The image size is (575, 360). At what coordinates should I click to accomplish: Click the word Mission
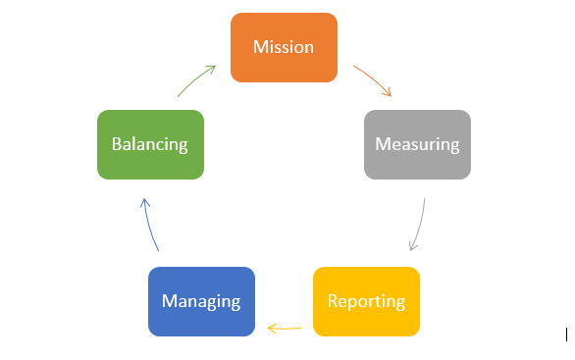pyautogui.click(x=284, y=47)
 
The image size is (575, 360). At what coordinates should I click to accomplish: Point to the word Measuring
pyautogui.click(x=417, y=144)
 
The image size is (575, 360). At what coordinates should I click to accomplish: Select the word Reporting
pyautogui.click(x=366, y=301)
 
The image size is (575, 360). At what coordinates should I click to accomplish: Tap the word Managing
pyautogui.click(x=201, y=301)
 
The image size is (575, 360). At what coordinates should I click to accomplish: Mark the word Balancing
pyautogui.click(x=150, y=144)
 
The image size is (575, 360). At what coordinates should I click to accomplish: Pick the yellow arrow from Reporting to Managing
pyautogui.click(x=285, y=329)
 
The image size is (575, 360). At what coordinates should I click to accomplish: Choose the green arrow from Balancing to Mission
pyautogui.click(x=195, y=80)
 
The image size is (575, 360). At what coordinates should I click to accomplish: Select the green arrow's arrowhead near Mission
pyautogui.click(x=215, y=67)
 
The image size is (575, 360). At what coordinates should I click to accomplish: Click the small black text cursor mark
pyautogui.click(x=567, y=334)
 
